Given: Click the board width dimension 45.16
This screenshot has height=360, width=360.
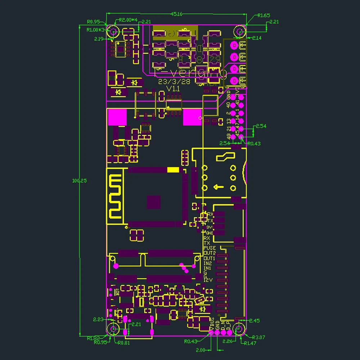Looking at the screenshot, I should point(176,14).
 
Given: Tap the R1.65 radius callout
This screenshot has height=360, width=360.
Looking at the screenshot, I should point(264,15).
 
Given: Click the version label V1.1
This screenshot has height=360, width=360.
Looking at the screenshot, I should point(173,89).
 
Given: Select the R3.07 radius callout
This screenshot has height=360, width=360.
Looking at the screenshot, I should point(259,337).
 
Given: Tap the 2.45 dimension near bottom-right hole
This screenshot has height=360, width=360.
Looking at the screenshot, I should point(254,320).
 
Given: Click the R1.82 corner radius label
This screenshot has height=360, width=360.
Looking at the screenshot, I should point(93,338).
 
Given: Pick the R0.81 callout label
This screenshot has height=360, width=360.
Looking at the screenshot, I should point(124,343).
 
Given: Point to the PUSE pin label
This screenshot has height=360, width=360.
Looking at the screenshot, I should point(209,248).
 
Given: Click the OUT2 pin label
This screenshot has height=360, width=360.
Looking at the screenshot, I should point(209,253).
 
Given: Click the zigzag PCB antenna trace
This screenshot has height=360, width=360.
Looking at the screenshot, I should point(115,197).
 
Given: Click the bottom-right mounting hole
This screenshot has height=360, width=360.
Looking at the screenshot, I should point(238,329).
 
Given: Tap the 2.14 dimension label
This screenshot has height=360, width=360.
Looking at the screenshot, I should point(257,38).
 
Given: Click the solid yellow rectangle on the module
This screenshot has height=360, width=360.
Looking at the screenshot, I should point(173,170).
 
